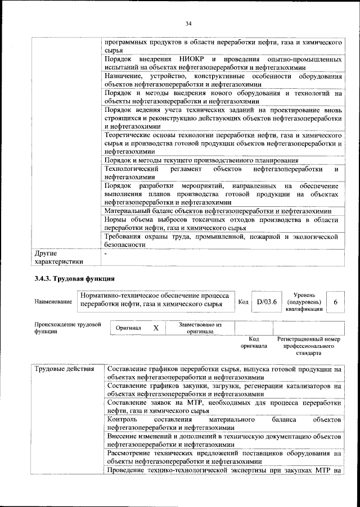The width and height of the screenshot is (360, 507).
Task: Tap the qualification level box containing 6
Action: pyautogui.click(x=335, y=302)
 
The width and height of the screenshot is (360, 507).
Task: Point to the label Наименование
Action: pyautogui.click(x=53, y=302)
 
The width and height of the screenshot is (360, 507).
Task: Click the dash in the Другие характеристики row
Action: pyautogui.click(x=106, y=254)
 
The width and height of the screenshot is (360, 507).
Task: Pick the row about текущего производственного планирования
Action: pyautogui.click(x=201, y=160)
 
